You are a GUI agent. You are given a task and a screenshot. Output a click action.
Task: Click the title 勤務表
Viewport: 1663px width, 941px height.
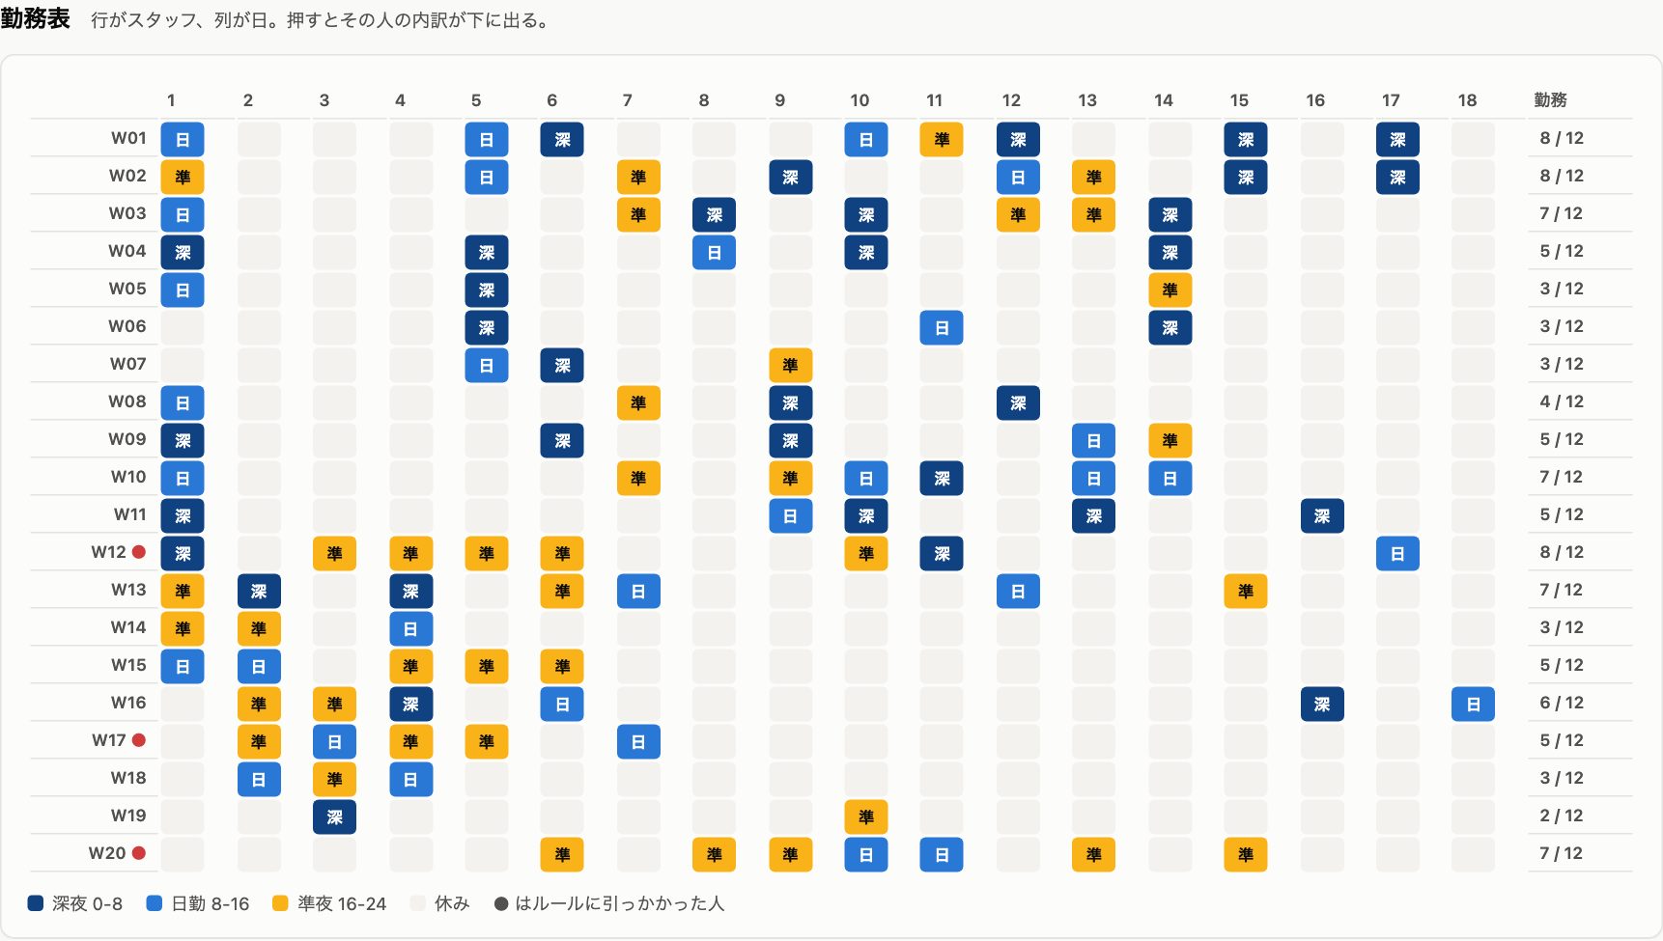click(x=36, y=18)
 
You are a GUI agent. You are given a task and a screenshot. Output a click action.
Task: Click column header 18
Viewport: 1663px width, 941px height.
click(x=1467, y=100)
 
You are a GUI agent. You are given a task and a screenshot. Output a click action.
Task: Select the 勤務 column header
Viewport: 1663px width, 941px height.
click(x=1550, y=100)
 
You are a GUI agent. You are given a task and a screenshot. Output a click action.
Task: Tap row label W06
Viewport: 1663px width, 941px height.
click(x=127, y=326)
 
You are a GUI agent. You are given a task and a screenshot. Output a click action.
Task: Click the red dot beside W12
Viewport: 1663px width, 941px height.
click(x=139, y=552)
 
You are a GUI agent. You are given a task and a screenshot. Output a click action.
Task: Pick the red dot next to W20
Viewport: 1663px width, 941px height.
click(x=139, y=853)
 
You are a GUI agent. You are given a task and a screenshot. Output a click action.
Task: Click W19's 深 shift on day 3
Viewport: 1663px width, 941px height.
click(x=334, y=816)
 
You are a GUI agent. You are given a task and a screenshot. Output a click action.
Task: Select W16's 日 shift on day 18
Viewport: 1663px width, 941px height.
click(x=1473, y=704)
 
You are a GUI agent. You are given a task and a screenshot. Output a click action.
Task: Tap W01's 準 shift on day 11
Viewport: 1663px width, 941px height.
click(x=942, y=139)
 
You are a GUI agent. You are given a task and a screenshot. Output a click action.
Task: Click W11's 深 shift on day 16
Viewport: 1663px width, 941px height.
click(x=1322, y=515)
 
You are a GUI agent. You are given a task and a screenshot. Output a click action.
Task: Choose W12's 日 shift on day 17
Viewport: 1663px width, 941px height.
click(x=1397, y=553)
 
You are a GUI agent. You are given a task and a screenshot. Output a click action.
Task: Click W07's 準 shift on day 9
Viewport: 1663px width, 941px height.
click(x=790, y=365)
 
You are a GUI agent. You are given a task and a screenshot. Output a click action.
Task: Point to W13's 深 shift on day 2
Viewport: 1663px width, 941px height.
click(x=259, y=591)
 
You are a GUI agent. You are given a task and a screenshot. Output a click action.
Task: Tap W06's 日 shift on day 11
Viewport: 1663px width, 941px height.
click(x=942, y=327)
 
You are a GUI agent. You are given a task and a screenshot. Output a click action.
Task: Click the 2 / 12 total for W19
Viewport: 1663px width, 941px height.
click(x=1561, y=816)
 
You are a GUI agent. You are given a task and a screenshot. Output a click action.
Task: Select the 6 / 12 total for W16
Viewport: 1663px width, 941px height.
click(x=1561, y=703)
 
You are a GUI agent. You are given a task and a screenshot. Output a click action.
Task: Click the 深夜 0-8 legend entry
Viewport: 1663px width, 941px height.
click(x=75, y=903)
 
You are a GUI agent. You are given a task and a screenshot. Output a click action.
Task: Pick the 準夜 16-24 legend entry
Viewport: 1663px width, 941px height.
click(x=329, y=903)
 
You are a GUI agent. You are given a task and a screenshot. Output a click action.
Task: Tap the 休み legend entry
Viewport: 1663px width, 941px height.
click(x=440, y=903)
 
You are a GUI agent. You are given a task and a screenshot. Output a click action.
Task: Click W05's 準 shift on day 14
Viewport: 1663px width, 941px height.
click(x=1170, y=290)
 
